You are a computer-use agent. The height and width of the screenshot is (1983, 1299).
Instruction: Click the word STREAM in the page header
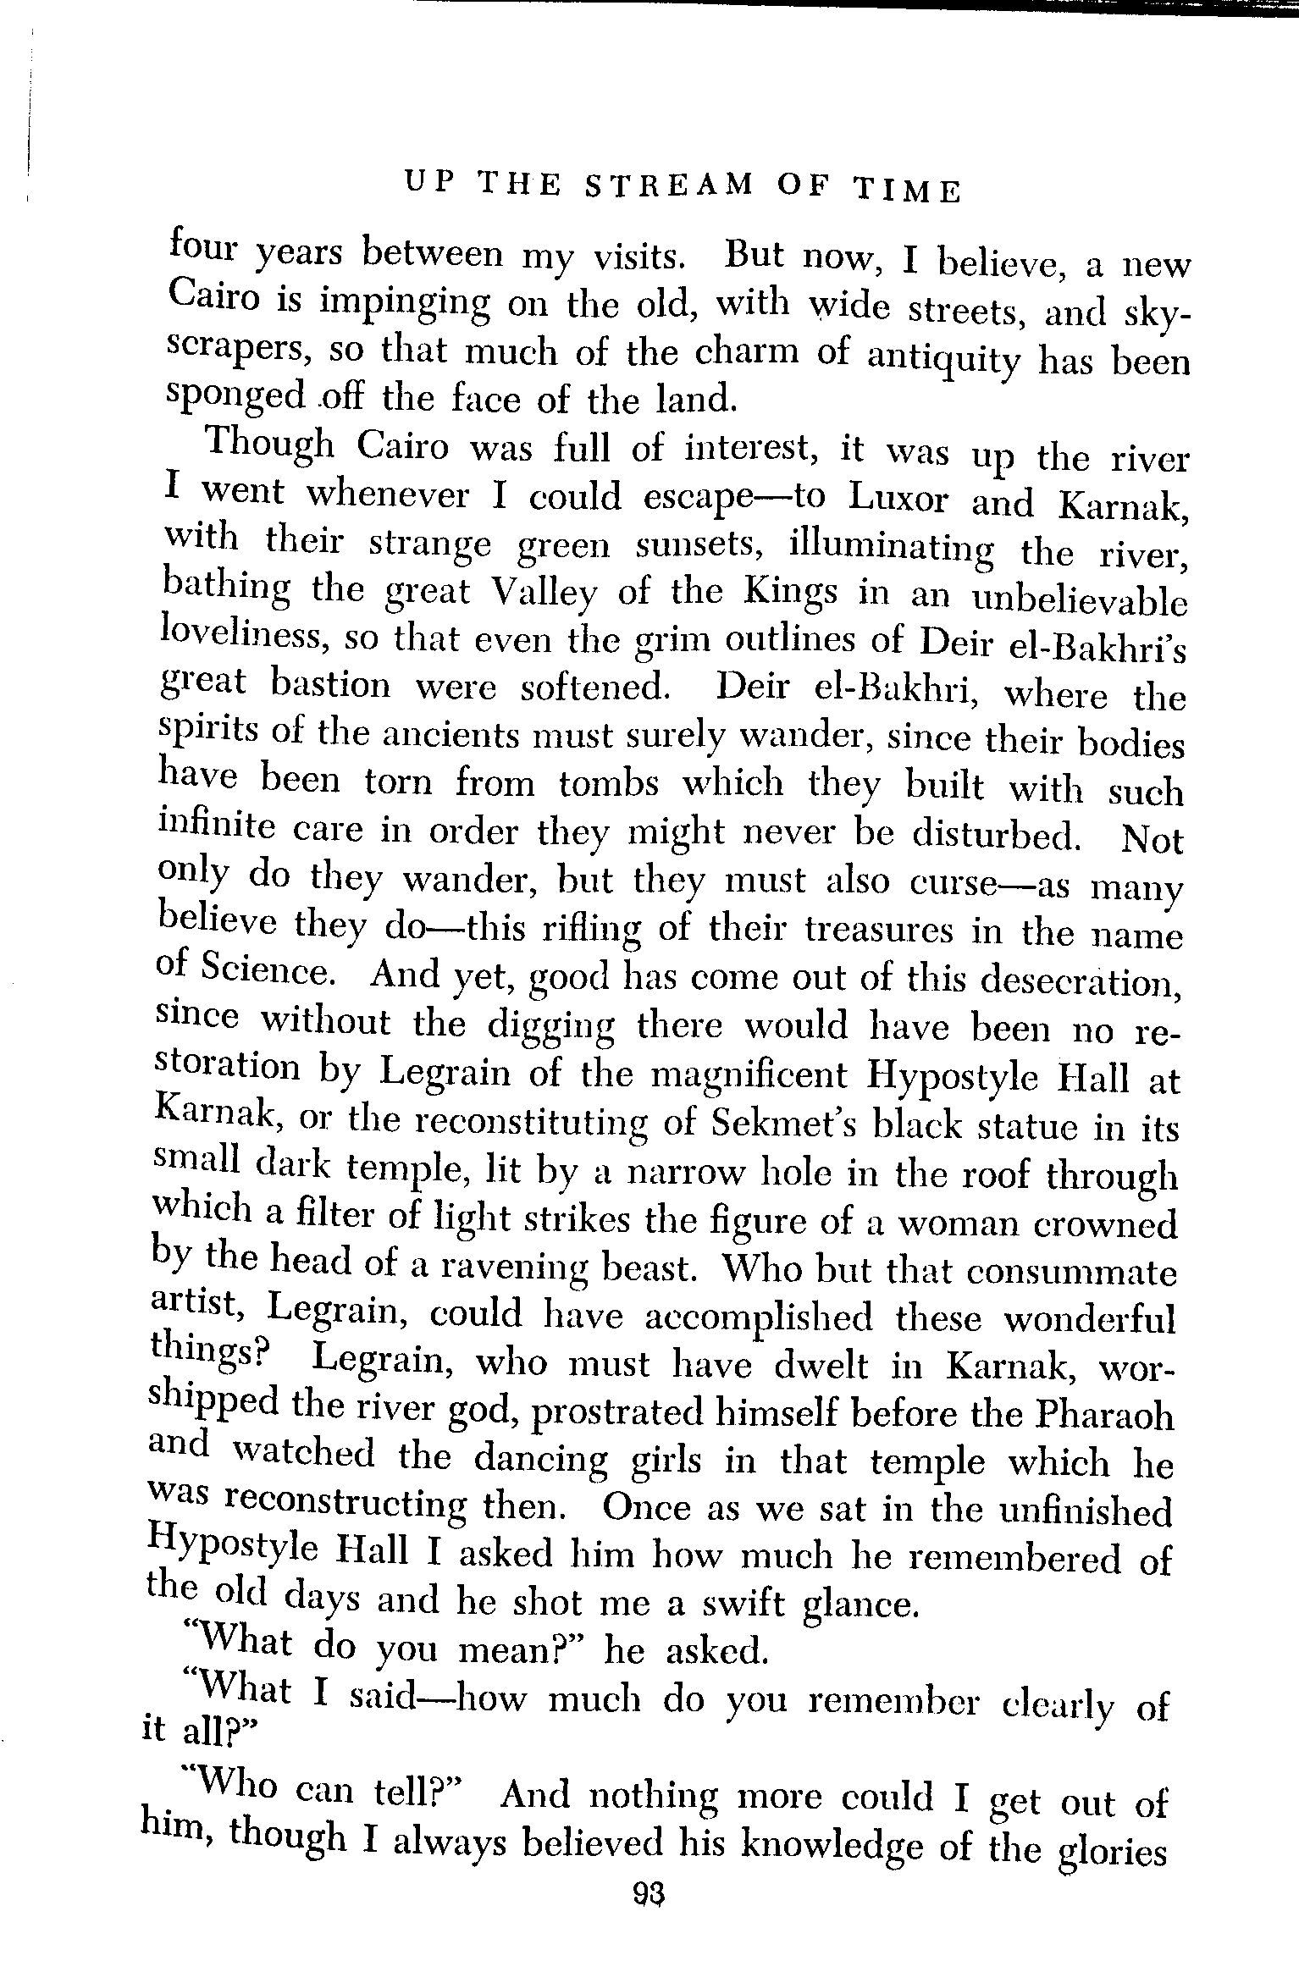pos(669,185)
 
